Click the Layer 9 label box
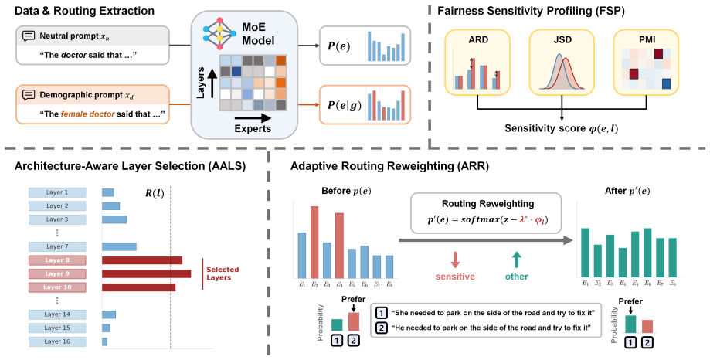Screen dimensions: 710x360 click(x=57, y=273)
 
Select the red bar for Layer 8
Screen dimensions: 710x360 click(x=142, y=260)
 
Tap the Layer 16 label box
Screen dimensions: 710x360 click(x=57, y=341)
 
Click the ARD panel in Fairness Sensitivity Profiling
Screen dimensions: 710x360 click(x=477, y=63)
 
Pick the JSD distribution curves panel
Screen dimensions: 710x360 click(x=562, y=63)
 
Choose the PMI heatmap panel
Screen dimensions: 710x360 click(x=646, y=63)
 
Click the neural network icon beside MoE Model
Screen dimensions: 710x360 click(x=219, y=33)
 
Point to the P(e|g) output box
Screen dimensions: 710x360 click(x=365, y=104)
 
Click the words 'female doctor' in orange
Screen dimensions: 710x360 click(x=88, y=114)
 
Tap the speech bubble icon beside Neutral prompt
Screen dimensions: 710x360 click(x=29, y=36)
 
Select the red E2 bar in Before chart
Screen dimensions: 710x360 click(x=314, y=243)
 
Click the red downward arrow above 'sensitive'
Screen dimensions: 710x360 click(x=455, y=260)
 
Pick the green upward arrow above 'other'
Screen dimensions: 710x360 click(x=516, y=260)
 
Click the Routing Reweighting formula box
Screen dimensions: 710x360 click(x=486, y=212)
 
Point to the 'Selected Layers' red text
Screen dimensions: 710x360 click(x=223, y=273)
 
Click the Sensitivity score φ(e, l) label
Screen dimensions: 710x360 click(x=562, y=128)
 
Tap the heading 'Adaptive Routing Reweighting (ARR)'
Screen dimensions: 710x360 click(x=389, y=166)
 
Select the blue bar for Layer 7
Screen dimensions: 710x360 click(x=119, y=246)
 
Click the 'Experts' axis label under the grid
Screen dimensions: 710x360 click(x=253, y=128)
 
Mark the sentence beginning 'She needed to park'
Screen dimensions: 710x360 click(x=493, y=313)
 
